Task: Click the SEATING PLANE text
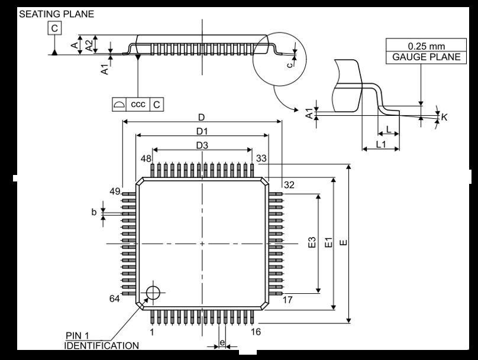[57, 14]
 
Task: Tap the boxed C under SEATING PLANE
[54, 28]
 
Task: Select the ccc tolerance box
[138, 104]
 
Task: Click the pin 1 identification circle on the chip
[153, 291]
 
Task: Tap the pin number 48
[146, 158]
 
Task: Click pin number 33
[261, 158]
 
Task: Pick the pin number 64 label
[115, 299]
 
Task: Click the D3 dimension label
[202, 145]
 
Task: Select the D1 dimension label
[202, 130]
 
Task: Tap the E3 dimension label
[312, 242]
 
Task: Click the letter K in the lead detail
[444, 117]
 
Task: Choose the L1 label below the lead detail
[380, 144]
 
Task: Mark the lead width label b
[93, 212]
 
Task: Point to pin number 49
[115, 191]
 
